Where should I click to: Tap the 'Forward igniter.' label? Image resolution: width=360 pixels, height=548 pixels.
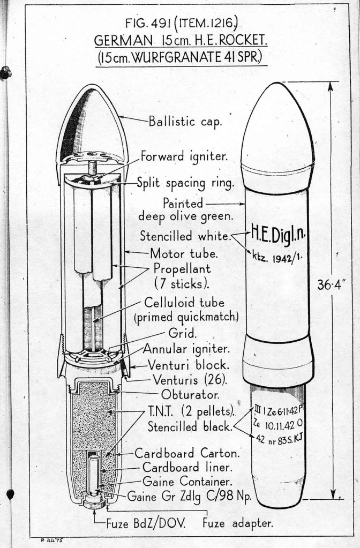pos(184,157)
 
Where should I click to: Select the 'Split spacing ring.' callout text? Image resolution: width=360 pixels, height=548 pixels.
pos(185,183)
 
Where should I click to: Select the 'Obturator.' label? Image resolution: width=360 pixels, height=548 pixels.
pos(183,396)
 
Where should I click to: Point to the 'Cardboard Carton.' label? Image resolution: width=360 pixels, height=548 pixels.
pos(186,453)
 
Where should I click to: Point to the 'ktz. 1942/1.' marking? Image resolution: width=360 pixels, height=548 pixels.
pos(277,256)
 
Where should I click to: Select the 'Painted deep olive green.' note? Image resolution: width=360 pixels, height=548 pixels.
pos(183,210)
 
